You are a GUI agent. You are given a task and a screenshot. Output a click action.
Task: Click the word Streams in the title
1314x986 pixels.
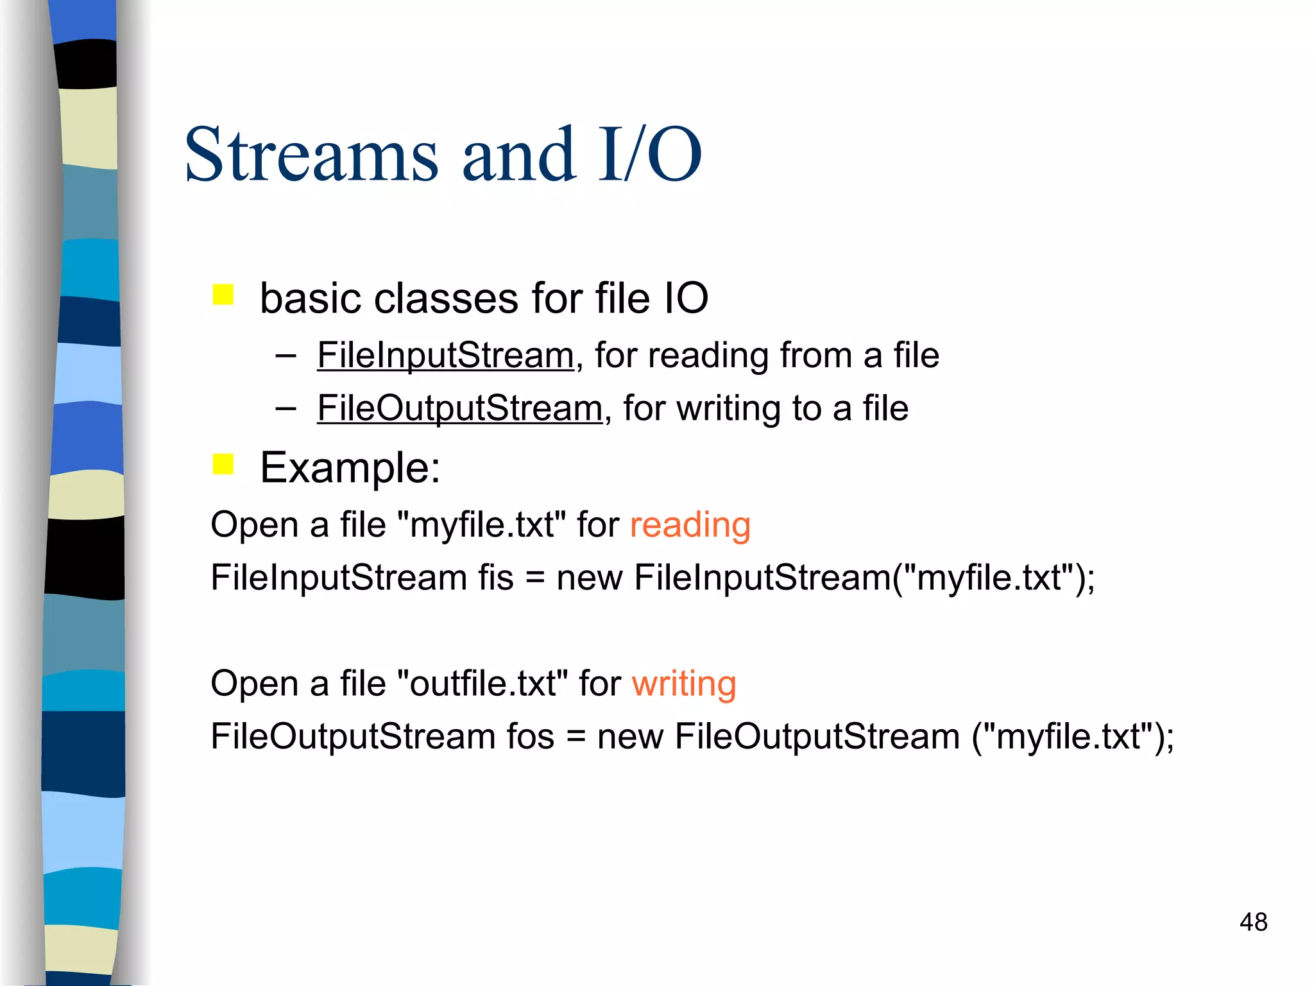pyautogui.click(x=311, y=155)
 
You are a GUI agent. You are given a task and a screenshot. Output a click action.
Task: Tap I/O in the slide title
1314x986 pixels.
pyautogui.click(x=649, y=155)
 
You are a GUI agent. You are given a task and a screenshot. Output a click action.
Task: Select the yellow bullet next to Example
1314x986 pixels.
pyautogui.click(x=223, y=463)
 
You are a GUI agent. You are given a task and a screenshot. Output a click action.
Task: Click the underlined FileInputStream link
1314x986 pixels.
pyautogui.click(x=445, y=355)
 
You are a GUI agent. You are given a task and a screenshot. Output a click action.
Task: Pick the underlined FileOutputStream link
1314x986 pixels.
pyautogui.click(x=459, y=408)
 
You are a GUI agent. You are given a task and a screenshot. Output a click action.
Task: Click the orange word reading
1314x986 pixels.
pyautogui.click(x=690, y=525)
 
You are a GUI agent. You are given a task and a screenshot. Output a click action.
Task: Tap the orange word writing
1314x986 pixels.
pyautogui.click(x=684, y=683)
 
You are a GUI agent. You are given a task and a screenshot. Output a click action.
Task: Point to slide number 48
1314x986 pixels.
pyautogui.click(x=1253, y=922)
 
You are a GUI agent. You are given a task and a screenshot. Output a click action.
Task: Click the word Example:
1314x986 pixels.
pyautogui.click(x=350, y=467)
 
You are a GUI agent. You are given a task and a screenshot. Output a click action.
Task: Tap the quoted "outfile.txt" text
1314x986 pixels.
pyautogui.click(x=482, y=683)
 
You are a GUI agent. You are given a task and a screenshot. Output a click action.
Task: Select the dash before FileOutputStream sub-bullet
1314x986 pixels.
pyautogui.click(x=286, y=408)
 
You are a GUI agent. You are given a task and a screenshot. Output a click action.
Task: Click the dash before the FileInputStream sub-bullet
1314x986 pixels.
pyautogui.click(x=286, y=355)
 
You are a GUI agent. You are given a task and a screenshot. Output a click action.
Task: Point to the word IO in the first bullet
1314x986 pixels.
pyautogui.click(x=685, y=298)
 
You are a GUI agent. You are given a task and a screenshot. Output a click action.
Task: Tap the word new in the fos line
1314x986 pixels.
pyautogui.click(x=630, y=737)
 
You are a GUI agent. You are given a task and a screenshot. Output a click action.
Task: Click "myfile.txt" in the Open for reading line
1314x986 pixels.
pyautogui.click(x=481, y=525)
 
